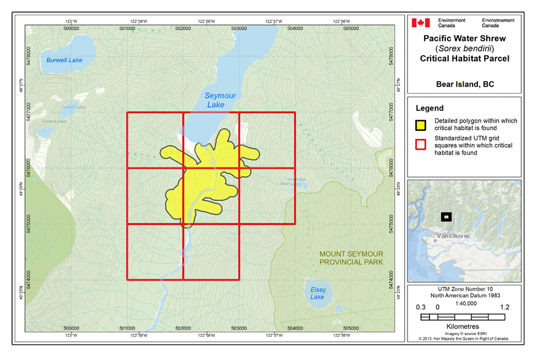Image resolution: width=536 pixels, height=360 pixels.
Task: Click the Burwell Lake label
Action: tap(64, 60)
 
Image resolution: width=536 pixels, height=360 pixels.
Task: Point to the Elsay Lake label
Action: tap(317, 293)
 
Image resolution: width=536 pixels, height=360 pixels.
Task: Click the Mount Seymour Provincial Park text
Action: tap(351, 258)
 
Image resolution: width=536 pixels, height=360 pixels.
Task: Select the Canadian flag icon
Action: tap(421, 23)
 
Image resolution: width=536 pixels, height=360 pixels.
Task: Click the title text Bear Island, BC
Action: tap(465, 84)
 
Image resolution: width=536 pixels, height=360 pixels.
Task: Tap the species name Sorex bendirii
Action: tap(465, 49)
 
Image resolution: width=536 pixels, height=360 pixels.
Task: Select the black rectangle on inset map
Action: tap(446, 217)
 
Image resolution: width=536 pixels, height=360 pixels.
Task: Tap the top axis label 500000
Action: tap(71, 28)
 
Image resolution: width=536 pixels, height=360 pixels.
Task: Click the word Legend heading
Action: tap(429, 108)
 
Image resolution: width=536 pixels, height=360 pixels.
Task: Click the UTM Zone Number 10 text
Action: tap(464, 287)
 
